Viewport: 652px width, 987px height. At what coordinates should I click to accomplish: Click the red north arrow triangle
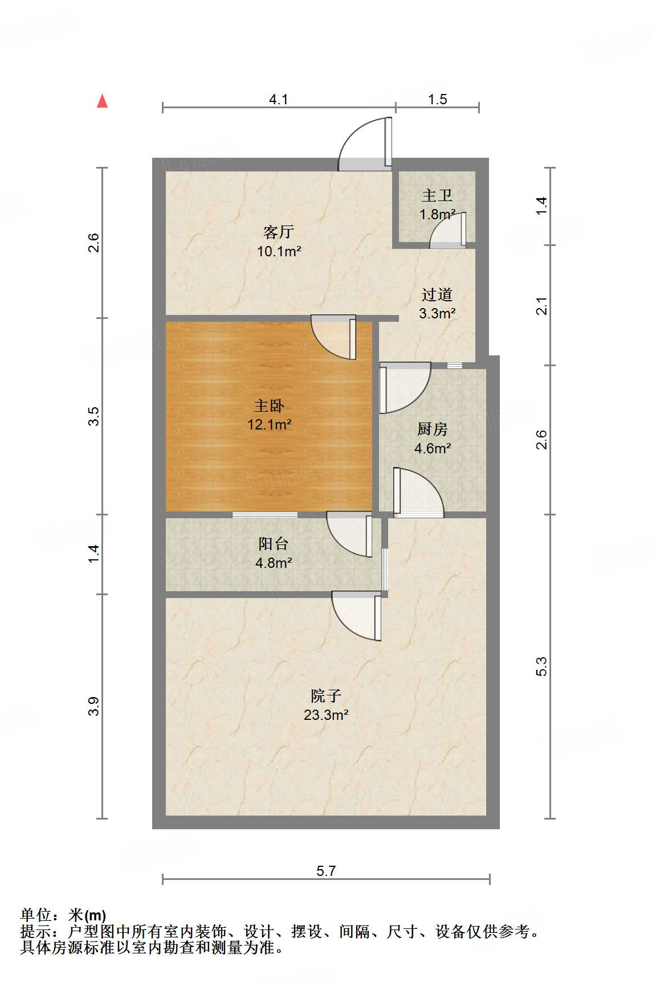(103, 101)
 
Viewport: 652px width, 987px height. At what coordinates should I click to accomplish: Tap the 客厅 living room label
(279, 232)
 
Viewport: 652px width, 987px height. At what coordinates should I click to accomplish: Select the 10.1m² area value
(279, 251)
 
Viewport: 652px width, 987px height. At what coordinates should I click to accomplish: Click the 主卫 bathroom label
(437, 196)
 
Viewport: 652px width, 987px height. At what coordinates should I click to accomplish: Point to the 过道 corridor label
(437, 294)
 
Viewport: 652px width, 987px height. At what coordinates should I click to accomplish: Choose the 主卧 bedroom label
(269, 406)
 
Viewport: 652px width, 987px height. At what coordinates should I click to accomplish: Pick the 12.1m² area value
(269, 424)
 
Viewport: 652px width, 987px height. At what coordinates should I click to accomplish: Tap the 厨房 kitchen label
(433, 429)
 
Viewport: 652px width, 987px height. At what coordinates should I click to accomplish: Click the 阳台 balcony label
(273, 544)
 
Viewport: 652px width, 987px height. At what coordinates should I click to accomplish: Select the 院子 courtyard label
(326, 695)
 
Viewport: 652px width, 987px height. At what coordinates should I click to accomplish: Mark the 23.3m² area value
(326, 715)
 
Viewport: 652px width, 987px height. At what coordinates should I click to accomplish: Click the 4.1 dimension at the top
(279, 100)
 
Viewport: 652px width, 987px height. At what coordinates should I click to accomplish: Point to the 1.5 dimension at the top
(437, 100)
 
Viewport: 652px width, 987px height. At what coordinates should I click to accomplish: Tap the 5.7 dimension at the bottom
(326, 871)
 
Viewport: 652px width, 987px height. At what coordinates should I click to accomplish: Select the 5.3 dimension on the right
(541, 666)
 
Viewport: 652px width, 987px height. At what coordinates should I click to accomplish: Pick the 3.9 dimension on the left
(94, 707)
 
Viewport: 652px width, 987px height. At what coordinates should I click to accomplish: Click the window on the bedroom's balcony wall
(265, 515)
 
